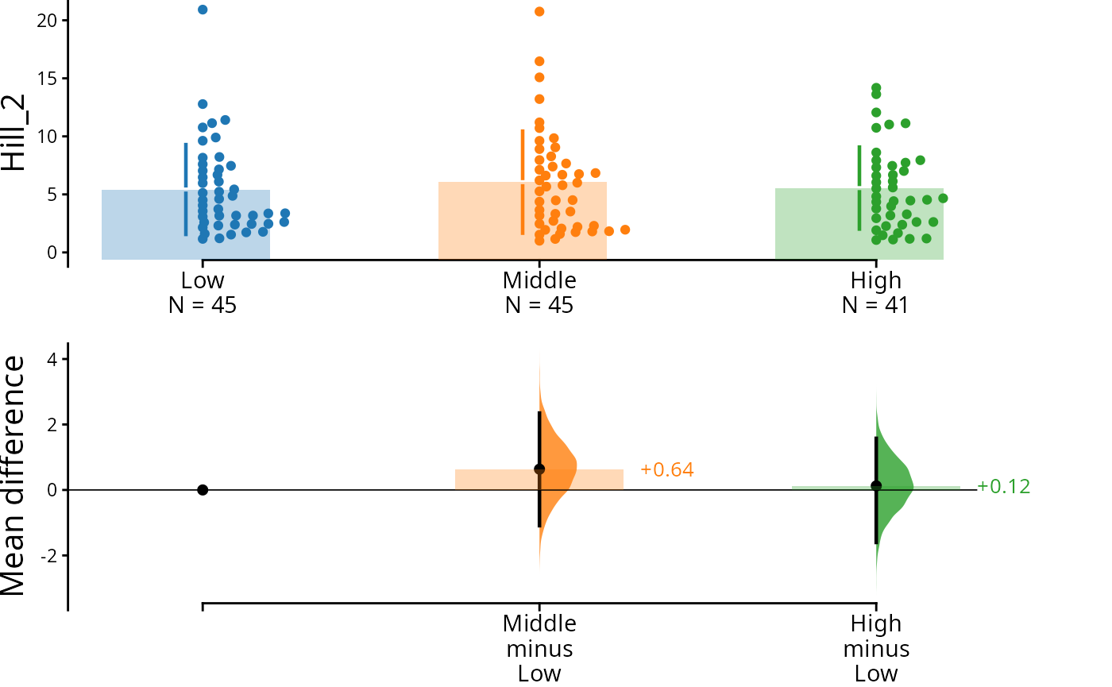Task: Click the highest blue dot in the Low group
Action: pos(203,10)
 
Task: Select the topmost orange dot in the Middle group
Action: pos(539,11)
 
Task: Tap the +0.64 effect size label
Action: pos(667,470)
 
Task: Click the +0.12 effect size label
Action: pos(1003,487)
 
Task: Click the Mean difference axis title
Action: pos(14,475)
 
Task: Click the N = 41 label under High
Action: pos(875,304)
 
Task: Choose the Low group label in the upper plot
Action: pos(203,280)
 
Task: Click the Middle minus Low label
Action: pos(539,648)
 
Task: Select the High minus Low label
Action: pos(876,648)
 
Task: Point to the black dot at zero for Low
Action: pos(203,490)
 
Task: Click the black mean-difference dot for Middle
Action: pos(539,469)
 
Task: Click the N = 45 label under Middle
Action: pos(539,304)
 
